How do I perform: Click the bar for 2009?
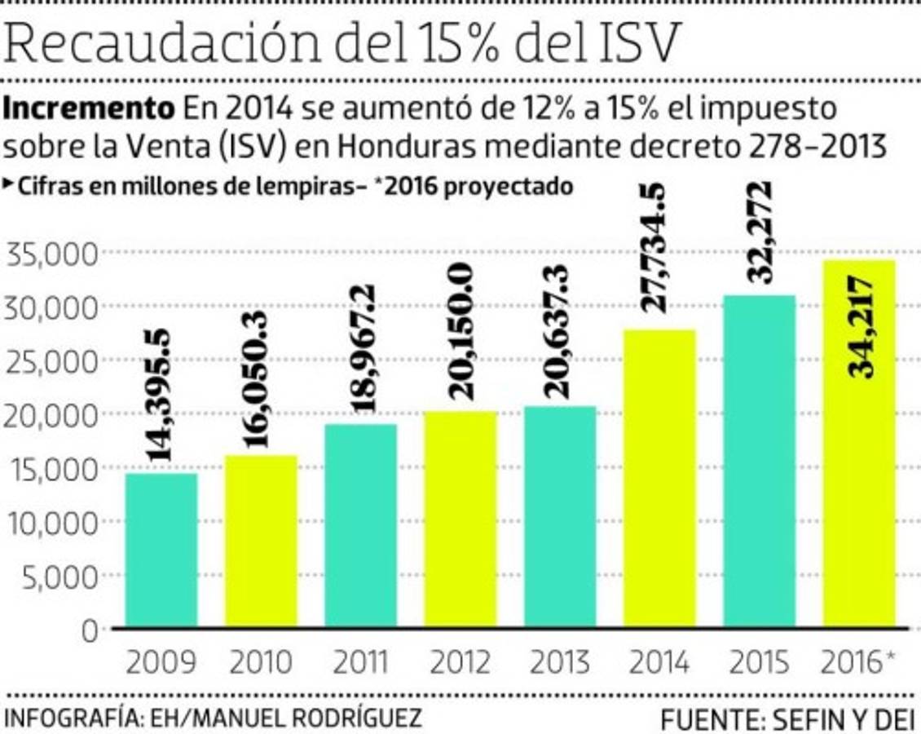point(161,550)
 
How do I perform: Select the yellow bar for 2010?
point(261,542)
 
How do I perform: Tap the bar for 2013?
point(560,517)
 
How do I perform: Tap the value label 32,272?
point(760,232)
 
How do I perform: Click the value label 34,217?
point(860,326)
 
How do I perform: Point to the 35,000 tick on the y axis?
point(51,255)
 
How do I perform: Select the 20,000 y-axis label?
point(51,415)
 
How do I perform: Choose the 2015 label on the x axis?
point(760,663)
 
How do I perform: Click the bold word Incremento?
point(90,108)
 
